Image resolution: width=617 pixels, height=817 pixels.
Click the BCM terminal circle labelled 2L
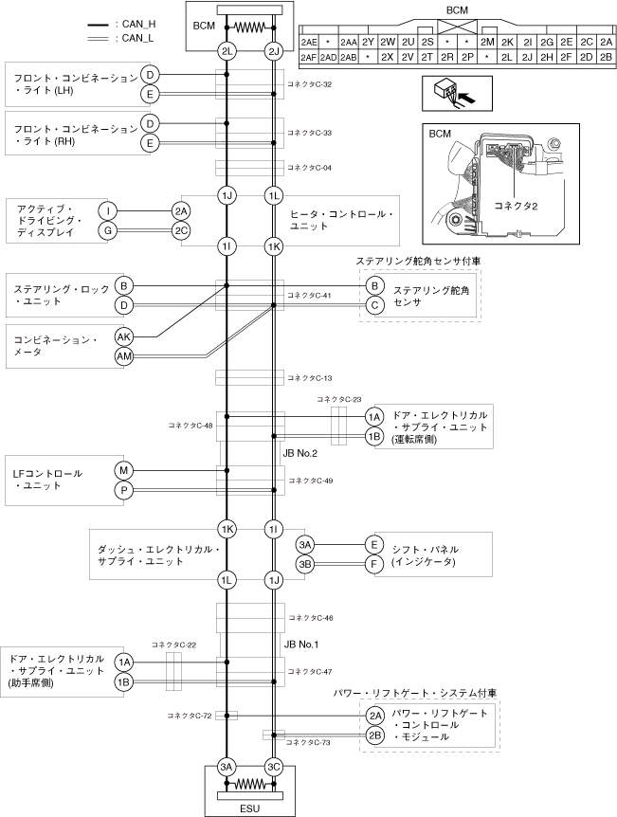point(227,51)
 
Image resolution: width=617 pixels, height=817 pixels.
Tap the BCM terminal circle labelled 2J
point(274,51)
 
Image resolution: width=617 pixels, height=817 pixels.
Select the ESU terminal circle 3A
point(227,766)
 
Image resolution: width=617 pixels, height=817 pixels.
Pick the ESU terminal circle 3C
point(274,766)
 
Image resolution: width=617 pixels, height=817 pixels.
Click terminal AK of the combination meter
point(123,336)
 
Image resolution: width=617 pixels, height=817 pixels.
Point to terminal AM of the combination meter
point(123,355)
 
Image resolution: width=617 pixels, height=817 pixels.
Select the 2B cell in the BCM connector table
point(607,57)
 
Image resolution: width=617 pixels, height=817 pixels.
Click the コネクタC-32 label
point(309,84)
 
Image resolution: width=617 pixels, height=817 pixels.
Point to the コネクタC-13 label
point(309,377)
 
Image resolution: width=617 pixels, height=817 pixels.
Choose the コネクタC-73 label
point(309,742)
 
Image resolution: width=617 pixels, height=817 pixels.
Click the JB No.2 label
point(299,453)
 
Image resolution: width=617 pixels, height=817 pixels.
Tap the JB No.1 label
point(299,644)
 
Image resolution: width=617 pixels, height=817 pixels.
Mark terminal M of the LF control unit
point(123,470)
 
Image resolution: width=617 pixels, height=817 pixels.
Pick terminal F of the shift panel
point(374,563)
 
